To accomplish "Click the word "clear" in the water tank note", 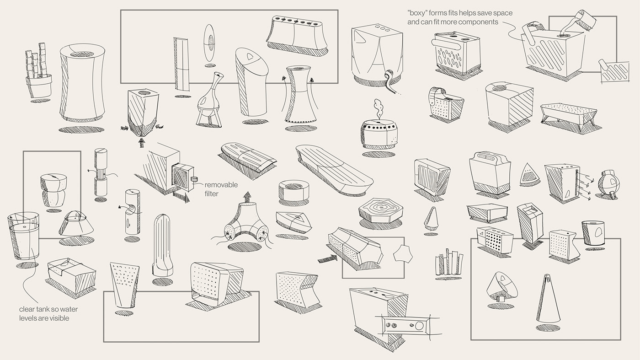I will pyautogui.click(x=28, y=309).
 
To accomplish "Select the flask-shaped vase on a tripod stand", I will pyautogui.click(x=212, y=98).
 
